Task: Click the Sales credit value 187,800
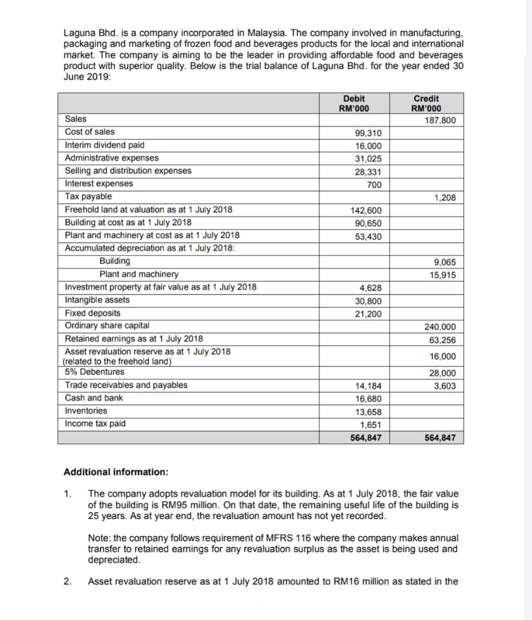pos(440,120)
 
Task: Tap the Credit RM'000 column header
pos(426,103)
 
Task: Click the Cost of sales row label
pos(90,132)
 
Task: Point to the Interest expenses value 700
pos(375,185)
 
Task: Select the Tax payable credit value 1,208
pos(445,198)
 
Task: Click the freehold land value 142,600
pos(367,211)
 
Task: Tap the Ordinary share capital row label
pos(107,325)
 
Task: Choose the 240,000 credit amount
pos(440,327)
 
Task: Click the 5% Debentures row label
pos(94,371)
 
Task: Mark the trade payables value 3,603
pos(445,386)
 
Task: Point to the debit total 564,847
pos(367,437)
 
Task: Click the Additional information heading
pos(115,472)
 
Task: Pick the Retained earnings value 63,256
pos(442,340)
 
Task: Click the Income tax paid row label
pos(95,424)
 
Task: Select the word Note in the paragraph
pos(98,538)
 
